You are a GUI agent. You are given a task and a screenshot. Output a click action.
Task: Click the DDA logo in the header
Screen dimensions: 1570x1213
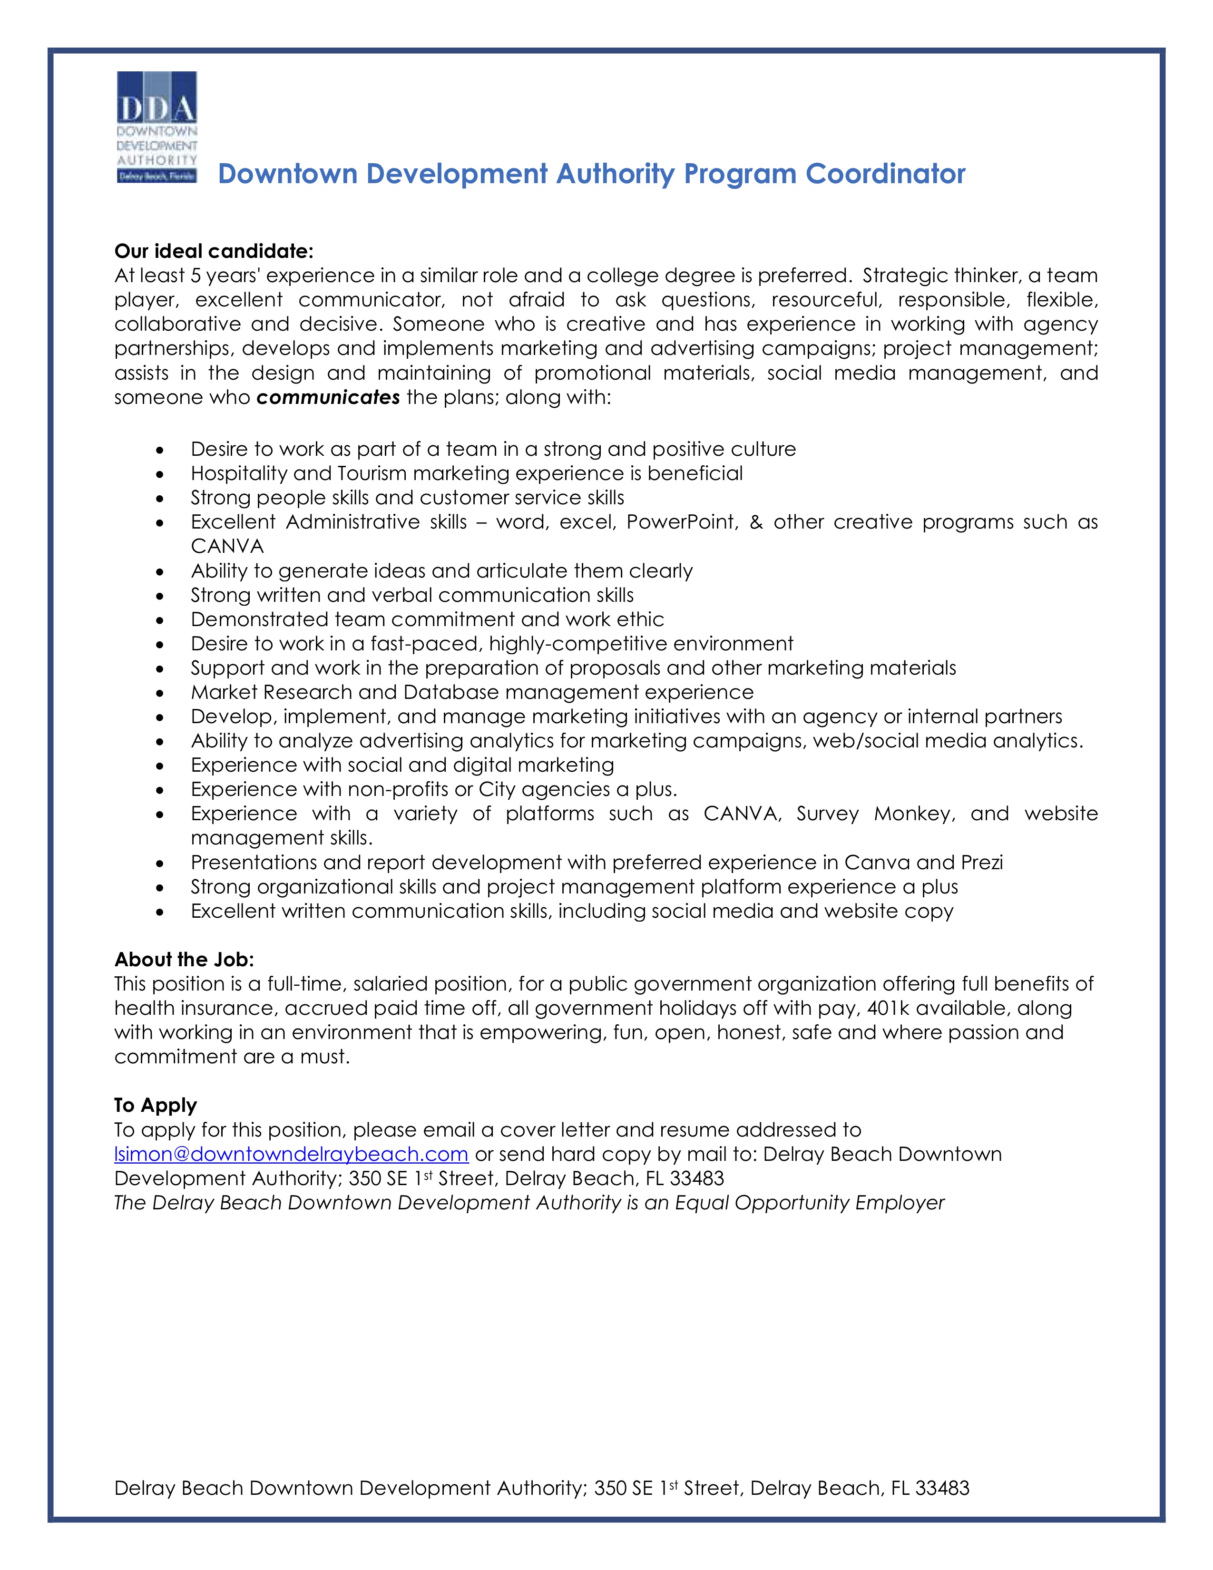point(157,127)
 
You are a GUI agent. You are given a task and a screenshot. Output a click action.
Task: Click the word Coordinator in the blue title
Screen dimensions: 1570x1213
point(885,174)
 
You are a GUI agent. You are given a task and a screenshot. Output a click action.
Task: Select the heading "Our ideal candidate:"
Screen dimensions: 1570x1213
point(214,251)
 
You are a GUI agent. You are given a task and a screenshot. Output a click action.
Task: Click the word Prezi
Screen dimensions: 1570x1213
point(982,863)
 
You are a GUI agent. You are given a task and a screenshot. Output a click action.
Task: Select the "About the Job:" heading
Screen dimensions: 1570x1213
point(184,960)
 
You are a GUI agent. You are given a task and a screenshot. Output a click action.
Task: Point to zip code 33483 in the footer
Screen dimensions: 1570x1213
point(942,1488)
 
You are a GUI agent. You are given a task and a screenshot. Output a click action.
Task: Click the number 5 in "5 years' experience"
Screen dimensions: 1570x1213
point(196,276)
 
